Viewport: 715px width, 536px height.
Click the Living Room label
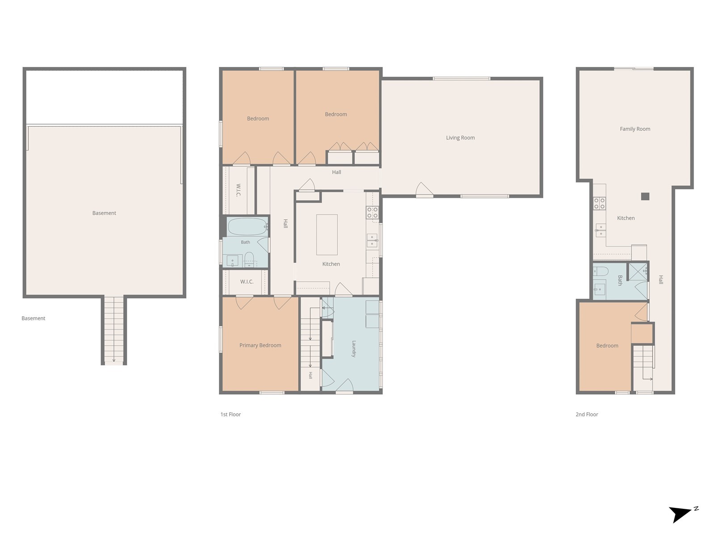(x=460, y=138)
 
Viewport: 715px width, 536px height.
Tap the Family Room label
(x=635, y=129)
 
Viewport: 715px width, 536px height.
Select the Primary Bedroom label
(x=260, y=345)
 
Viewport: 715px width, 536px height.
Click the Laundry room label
(x=354, y=349)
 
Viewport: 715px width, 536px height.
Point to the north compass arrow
(x=680, y=515)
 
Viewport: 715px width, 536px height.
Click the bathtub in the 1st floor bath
(x=248, y=227)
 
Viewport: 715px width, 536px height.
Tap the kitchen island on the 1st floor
(x=327, y=234)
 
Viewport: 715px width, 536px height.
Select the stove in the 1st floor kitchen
(x=372, y=212)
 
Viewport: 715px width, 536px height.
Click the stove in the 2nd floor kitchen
(x=599, y=203)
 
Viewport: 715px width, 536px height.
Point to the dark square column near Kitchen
(x=645, y=196)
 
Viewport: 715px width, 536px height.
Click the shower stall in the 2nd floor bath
(x=638, y=272)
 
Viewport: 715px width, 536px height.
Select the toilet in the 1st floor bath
(x=249, y=259)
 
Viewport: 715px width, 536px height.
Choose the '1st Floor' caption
(x=231, y=415)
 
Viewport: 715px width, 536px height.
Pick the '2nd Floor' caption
(x=587, y=415)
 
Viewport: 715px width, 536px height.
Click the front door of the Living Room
(x=425, y=190)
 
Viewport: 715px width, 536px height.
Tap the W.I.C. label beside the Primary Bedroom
(x=247, y=281)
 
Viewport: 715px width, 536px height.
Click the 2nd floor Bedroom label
(x=607, y=346)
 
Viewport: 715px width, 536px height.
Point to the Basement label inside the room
(x=104, y=213)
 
